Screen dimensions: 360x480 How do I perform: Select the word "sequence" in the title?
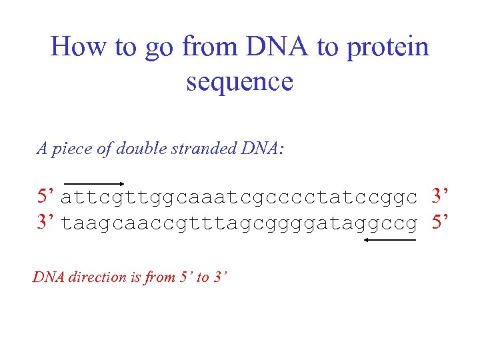point(239,81)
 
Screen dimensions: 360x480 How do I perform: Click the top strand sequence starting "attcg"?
point(239,198)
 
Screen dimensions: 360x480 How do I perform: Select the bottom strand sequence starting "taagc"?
point(239,223)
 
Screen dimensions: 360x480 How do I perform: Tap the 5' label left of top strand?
point(46,197)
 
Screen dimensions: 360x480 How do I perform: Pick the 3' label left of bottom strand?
point(46,222)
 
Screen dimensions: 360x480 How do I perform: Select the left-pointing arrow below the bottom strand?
point(390,242)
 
